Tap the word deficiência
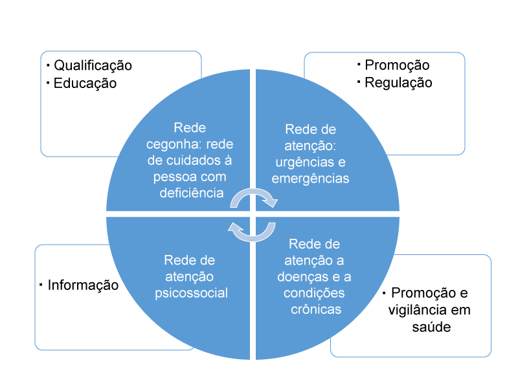click(191, 192)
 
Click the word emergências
click(310, 178)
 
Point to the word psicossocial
click(191, 293)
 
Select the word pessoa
click(170, 176)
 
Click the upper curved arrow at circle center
click(254, 198)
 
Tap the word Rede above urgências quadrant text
click(299, 129)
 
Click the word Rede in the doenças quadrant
click(302, 245)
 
